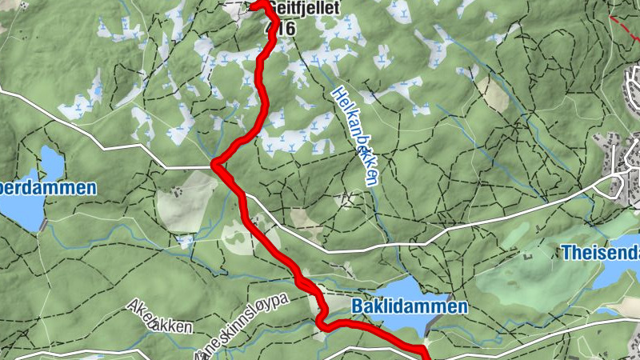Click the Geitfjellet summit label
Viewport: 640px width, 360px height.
click(x=304, y=8)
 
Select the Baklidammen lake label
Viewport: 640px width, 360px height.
click(x=409, y=306)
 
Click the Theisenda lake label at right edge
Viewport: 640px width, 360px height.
click(x=600, y=253)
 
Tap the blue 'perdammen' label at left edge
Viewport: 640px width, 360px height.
click(x=48, y=189)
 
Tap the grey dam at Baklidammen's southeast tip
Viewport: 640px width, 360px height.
click(x=433, y=324)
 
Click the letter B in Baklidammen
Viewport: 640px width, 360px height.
click(x=357, y=306)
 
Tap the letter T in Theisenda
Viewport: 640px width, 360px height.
click(x=566, y=253)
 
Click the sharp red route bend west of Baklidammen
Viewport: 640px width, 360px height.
click(x=320, y=322)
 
